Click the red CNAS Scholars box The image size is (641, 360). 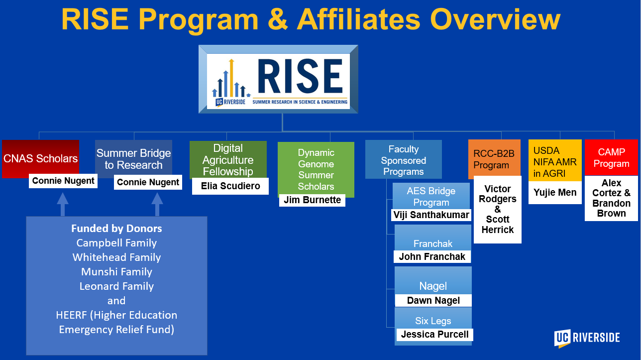coord(40,158)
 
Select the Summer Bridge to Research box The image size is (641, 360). coord(133,159)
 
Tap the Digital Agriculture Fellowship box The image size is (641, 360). coord(228,159)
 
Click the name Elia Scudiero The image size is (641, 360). coord(230,186)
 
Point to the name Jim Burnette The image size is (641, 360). coord(312,200)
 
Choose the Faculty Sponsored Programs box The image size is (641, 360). coord(403,160)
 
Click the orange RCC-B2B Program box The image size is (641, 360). coord(494,159)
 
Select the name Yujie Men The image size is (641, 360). coord(555,192)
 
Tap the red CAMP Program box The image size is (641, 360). coord(611,157)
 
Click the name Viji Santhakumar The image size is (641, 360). coord(431,215)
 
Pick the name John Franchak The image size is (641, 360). coord(432,257)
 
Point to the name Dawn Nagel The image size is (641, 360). coord(433,300)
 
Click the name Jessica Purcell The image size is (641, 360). coord(434,335)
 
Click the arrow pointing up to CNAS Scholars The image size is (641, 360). coord(62,204)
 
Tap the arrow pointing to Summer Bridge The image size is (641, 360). coord(157,204)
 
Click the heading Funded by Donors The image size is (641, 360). coord(116,229)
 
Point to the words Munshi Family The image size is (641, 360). coord(116,272)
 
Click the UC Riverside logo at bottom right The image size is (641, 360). coord(587,338)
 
